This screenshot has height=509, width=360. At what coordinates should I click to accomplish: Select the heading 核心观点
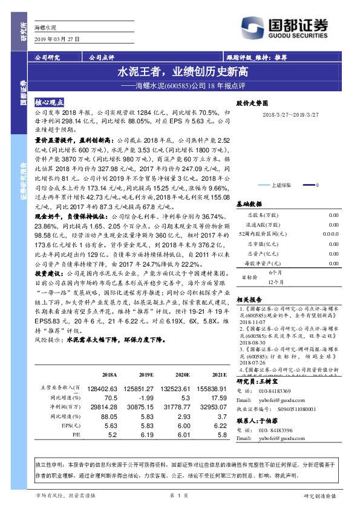tap(50, 103)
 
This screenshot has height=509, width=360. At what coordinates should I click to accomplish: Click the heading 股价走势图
tap(251, 103)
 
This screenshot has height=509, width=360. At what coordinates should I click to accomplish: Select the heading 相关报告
tap(248, 299)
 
